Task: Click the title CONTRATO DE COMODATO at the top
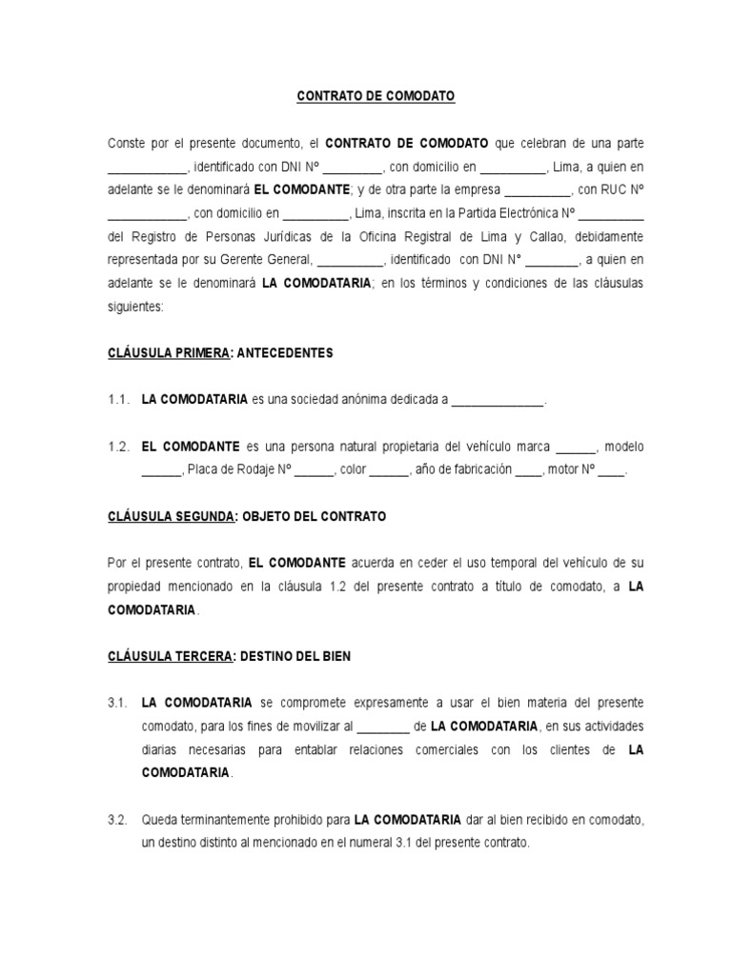click(376, 96)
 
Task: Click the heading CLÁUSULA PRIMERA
click(169, 353)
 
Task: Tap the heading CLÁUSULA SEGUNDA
click(171, 516)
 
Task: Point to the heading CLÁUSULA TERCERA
click(169, 656)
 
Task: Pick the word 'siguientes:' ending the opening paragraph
click(135, 307)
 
